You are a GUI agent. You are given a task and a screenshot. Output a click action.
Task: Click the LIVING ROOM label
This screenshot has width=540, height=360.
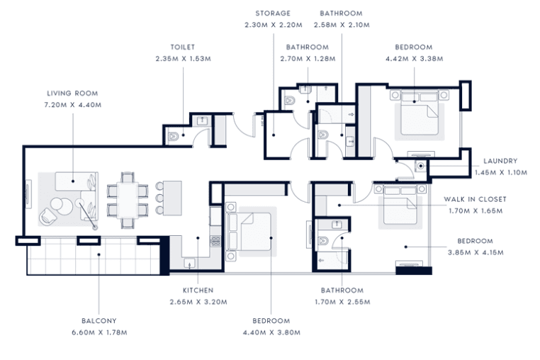(72, 93)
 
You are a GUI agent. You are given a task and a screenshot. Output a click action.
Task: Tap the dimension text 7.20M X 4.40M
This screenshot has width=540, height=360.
(72, 105)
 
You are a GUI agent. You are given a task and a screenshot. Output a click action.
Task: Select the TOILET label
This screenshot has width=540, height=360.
(184, 47)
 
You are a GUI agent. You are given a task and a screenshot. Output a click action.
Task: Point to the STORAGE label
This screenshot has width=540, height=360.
(273, 13)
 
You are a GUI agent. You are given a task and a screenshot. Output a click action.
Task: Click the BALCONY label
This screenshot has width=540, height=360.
(99, 320)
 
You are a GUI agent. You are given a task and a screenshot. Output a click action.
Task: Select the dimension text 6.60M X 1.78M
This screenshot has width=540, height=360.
(99, 332)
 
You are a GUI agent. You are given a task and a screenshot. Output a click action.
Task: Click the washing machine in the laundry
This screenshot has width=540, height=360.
(420, 166)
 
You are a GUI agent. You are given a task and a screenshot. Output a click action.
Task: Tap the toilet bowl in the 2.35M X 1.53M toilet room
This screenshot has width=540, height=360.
(175, 136)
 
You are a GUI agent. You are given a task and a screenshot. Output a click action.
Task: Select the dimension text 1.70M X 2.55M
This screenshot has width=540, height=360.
(342, 302)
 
